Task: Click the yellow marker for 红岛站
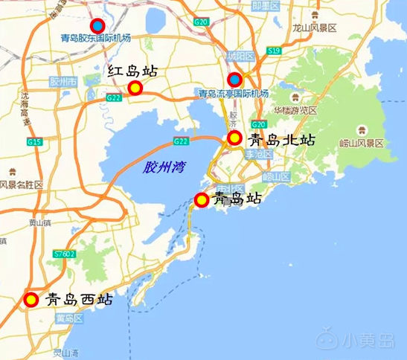click(x=135, y=89)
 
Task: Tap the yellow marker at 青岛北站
click(x=234, y=138)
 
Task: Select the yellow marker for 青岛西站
click(x=31, y=300)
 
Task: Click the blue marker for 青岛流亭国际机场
click(x=234, y=80)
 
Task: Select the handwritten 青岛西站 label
click(x=79, y=300)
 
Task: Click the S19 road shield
click(x=274, y=51)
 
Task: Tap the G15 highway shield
click(x=33, y=141)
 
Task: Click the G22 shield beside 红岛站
click(x=113, y=97)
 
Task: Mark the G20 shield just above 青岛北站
click(x=258, y=123)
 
